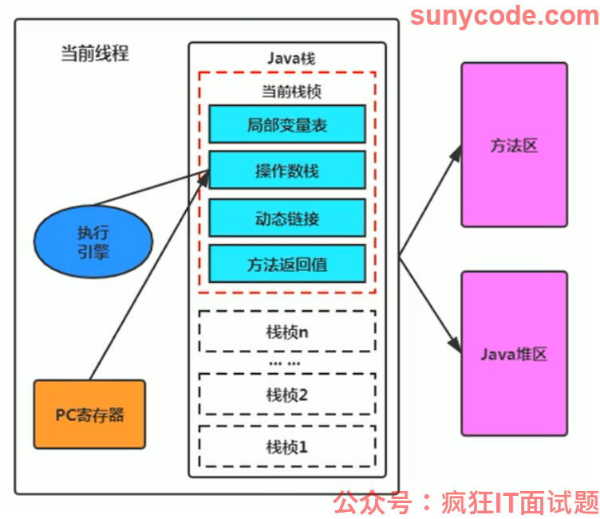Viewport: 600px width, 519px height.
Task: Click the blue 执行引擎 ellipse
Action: (93, 242)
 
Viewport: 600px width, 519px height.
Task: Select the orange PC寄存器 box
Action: (89, 415)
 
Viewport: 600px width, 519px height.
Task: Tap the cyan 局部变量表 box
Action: (287, 124)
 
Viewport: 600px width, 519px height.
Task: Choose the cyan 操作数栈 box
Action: (287, 170)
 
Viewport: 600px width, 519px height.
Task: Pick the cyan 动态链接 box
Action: (287, 218)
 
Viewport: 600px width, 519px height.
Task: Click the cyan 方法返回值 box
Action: (287, 264)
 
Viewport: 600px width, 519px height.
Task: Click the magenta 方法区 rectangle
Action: (515, 145)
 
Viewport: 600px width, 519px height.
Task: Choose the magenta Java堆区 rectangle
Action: (515, 354)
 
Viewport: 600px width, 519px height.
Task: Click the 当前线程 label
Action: (95, 53)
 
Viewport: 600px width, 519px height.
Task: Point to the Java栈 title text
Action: (291, 58)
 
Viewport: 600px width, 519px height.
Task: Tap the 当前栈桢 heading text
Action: (291, 92)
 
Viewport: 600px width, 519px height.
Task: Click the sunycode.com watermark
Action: (504, 16)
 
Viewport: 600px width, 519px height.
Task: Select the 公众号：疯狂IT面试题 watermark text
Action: (466, 502)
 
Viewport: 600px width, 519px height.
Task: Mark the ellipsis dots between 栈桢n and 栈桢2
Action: (285, 364)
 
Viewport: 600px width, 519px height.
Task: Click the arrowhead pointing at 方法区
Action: (456, 152)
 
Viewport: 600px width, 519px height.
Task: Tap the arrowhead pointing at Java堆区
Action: (456, 344)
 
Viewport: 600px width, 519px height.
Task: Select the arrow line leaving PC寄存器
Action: (150, 275)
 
